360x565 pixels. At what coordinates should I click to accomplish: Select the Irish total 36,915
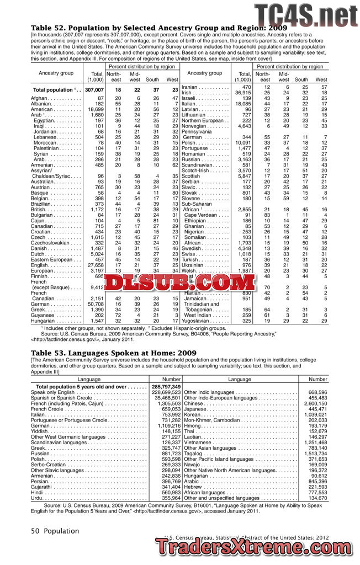click(x=242, y=92)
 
